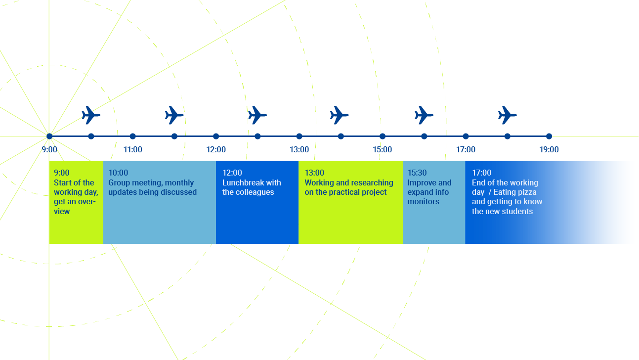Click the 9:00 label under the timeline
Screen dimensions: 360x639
[x=49, y=149]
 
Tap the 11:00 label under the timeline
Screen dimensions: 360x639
[x=132, y=149]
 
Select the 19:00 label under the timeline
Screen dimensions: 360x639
[x=549, y=149]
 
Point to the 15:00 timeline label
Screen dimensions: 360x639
[x=383, y=149]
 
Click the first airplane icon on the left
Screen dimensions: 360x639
[x=91, y=115]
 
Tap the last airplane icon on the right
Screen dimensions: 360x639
[x=507, y=115]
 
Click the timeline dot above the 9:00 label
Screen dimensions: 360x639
[x=49, y=136]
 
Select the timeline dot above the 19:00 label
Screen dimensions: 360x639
[x=549, y=136]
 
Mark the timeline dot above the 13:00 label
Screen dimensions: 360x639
[x=299, y=136]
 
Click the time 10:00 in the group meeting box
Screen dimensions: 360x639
[x=118, y=173]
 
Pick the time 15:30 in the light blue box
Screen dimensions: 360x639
[x=417, y=173]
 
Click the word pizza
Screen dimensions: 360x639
[x=526, y=192]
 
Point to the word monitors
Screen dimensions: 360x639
[x=424, y=202]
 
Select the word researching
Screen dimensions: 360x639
[x=372, y=182]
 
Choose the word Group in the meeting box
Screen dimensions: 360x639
[x=119, y=182]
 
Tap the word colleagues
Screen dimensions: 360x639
[x=255, y=192]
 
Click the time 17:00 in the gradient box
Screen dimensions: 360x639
[x=482, y=173]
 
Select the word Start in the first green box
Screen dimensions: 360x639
[x=63, y=182]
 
